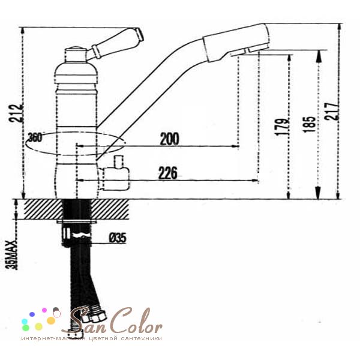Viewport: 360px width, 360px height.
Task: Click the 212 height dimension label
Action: (x=16, y=113)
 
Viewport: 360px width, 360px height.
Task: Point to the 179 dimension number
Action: (x=282, y=127)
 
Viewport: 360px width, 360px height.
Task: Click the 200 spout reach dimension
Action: (x=169, y=139)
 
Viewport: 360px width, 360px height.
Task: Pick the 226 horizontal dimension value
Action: (x=168, y=173)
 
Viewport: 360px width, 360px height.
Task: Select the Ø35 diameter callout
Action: (x=118, y=238)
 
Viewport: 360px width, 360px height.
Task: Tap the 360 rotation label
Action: (x=35, y=138)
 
